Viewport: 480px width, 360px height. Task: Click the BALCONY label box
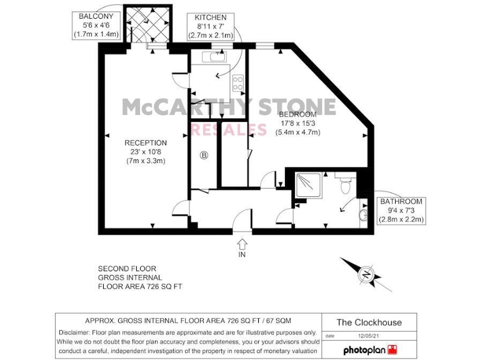(96, 25)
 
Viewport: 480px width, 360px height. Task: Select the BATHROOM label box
(402, 211)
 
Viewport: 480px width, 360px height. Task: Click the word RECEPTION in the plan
(146, 142)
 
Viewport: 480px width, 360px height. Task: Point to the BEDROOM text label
(297, 114)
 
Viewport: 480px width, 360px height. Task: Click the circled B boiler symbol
(204, 156)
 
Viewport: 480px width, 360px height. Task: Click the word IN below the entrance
(242, 255)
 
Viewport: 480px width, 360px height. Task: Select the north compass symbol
(365, 274)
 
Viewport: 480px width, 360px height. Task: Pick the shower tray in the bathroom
(309, 184)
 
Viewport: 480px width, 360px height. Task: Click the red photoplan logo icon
(392, 349)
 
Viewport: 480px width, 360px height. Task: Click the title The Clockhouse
(369, 322)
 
